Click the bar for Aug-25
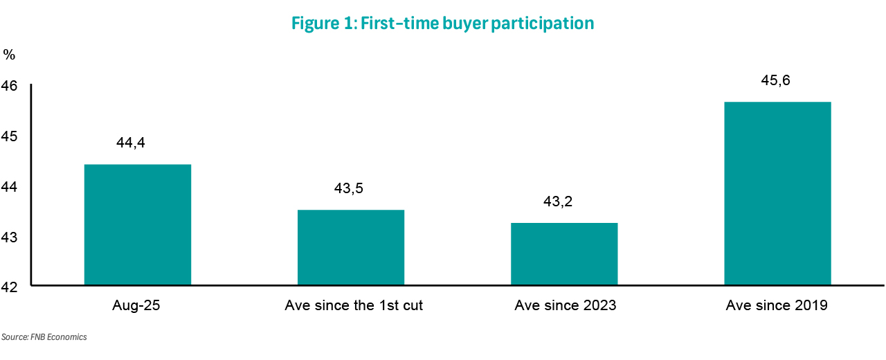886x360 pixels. [138, 224]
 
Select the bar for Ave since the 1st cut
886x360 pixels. [351, 247]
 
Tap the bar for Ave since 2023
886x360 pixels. [564, 253]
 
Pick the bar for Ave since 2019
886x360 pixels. [777, 193]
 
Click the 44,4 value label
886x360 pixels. [132, 143]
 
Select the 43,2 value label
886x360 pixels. [559, 201]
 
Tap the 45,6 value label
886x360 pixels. [775, 80]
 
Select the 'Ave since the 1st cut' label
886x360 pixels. [354, 305]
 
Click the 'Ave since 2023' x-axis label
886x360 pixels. [565, 305]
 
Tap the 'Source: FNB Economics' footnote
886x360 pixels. [44, 337]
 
